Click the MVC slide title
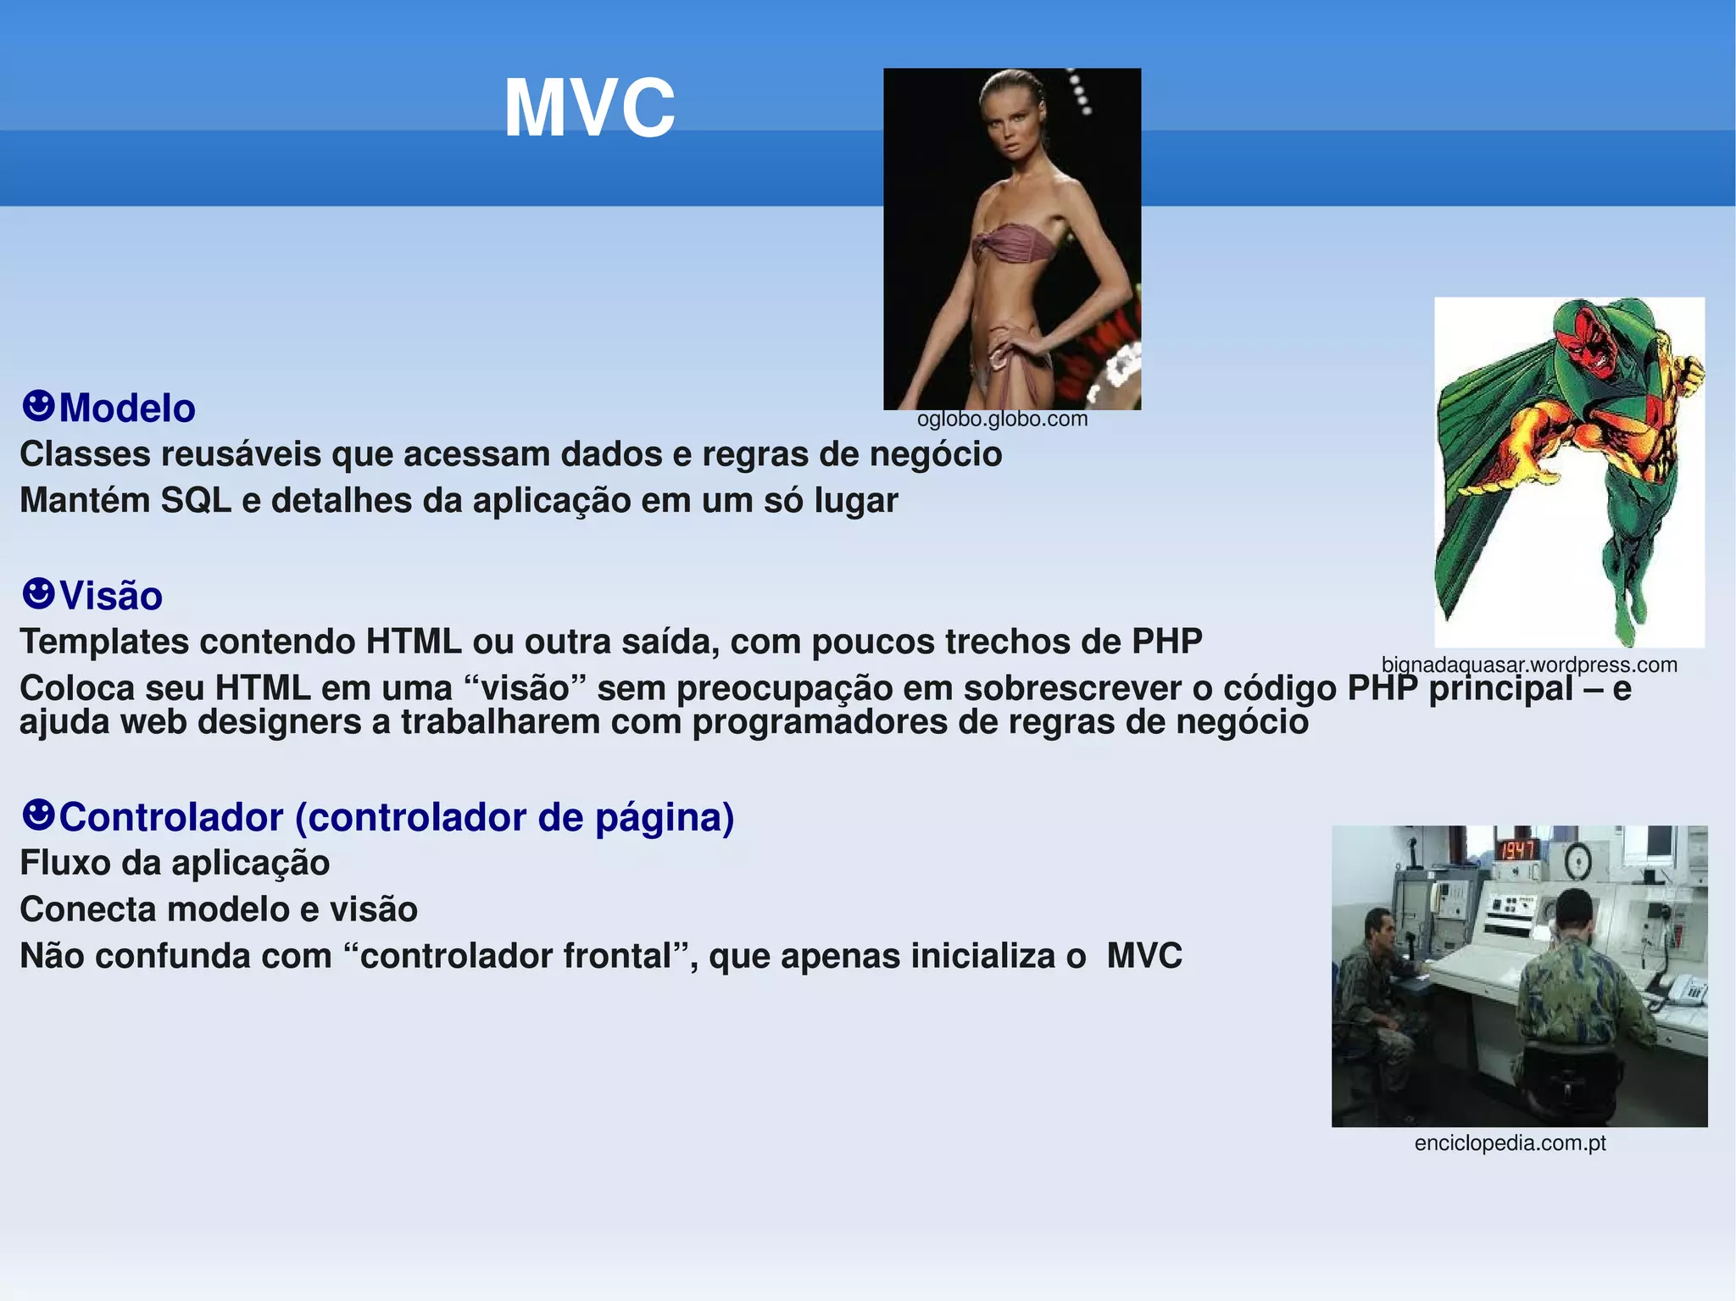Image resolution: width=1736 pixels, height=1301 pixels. [589, 108]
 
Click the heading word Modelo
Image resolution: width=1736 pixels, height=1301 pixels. [127, 409]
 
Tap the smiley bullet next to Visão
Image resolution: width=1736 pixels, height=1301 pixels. [38, 593]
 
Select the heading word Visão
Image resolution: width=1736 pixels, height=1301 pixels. [111, 596]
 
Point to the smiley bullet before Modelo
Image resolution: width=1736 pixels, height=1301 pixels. [38, 406]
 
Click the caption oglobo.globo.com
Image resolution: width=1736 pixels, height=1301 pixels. [1002, 419]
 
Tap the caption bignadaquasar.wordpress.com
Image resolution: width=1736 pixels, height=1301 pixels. [1528, 664]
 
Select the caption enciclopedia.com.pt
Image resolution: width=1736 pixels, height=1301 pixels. [1510, 1143]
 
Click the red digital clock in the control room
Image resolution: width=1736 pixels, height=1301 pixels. [1517, 849]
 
